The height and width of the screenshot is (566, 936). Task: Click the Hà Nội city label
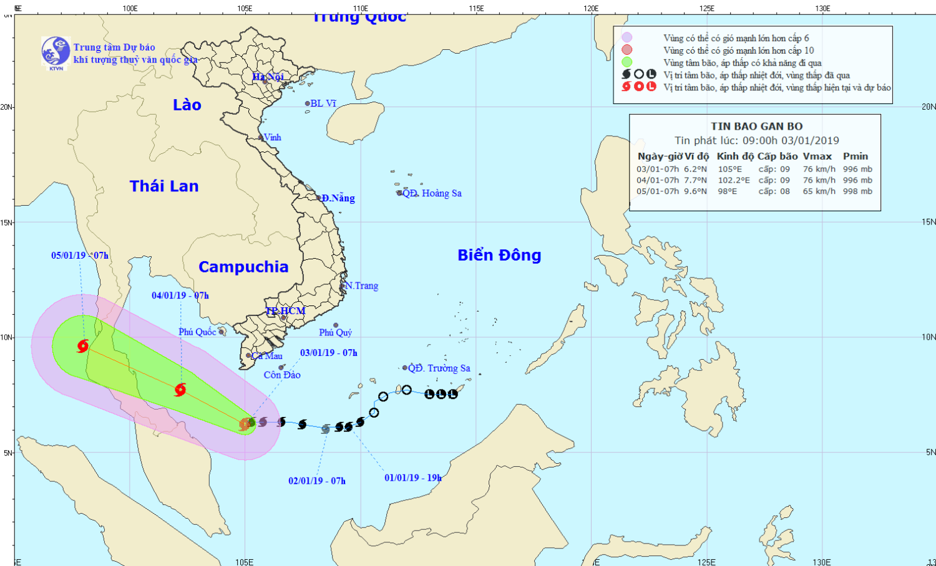coord(268,77)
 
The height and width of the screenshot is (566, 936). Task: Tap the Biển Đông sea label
coord(499,255)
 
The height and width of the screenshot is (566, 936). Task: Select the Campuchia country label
coord(243,267)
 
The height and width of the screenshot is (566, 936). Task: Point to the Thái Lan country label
coord(164,186)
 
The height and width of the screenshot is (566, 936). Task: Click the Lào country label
coord(187,105)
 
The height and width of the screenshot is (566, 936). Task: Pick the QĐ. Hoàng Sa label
coord(432,193)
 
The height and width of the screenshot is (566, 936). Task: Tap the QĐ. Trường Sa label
coord(439,368)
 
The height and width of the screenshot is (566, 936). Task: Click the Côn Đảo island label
coord(282,375)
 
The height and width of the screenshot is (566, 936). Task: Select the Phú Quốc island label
coord(197,332)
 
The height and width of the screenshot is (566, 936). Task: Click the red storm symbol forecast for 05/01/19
coord(83,345)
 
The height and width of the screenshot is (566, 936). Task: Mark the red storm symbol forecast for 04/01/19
coord(180,390)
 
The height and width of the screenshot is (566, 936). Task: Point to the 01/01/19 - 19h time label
coord(412,477)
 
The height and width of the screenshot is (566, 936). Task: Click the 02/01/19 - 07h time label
coord(316,481)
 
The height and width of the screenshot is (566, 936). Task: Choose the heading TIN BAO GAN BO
coord(756,126)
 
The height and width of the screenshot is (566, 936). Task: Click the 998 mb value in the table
coord(857,191)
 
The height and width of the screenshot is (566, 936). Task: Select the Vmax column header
coord(817,156)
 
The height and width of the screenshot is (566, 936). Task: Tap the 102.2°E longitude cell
coord(734,180)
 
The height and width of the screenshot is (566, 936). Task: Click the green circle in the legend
coord(626,62)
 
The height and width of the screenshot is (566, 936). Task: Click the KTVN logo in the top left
coord(56,52)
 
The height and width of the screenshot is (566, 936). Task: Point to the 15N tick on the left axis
coord(7,222)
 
